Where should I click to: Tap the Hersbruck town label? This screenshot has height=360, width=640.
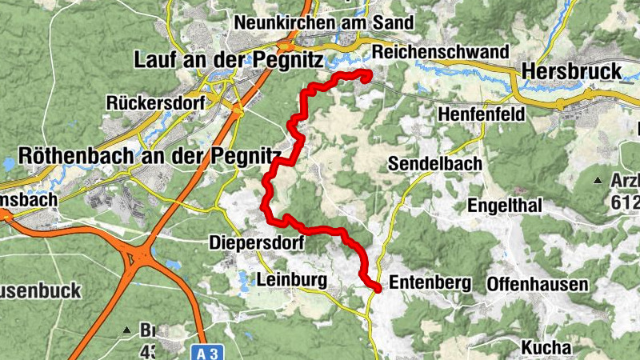571,71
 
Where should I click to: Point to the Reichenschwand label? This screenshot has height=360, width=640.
440,52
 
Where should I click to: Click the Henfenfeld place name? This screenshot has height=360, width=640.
482,115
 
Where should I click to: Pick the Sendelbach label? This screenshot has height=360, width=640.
435,164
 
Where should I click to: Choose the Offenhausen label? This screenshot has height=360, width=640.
538,284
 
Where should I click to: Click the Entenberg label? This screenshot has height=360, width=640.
429,282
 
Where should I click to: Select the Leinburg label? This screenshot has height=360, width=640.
292,280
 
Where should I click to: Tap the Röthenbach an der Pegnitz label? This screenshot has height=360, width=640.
150,155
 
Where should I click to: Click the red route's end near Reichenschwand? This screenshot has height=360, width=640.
367,77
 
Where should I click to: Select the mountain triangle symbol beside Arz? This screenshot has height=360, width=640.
598,181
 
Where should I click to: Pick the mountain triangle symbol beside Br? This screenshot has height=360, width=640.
126,330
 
